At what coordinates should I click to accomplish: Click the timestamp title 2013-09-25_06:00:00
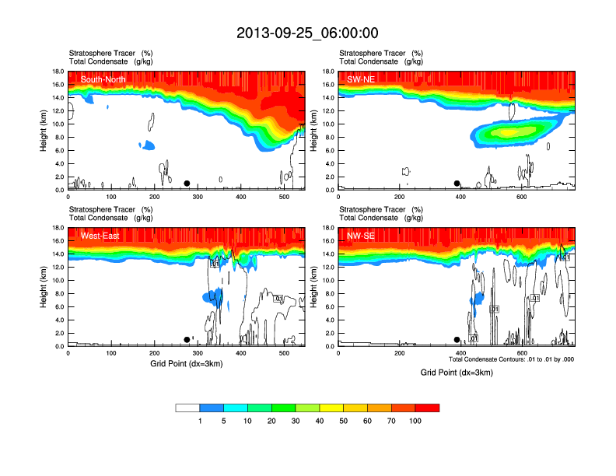pyautogui.click(x=307, y=33)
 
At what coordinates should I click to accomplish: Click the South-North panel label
pyautogui.click(x=103, y=79)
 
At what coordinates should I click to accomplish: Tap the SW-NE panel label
pyautogui.click(x=362, y=79)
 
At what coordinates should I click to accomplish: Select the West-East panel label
pyautogui.click(x=100, y=236)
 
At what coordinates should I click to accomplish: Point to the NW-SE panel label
pyautogui.click(x=362, y=236)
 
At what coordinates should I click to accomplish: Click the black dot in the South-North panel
pyautogui.click(x=187, y=184)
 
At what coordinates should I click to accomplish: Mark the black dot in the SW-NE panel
pyautogui.click(x=457, y=184)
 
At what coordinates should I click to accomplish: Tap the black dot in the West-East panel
pyautogui.click(x=187, y=340)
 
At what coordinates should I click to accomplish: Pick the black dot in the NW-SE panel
pyautogui.click(x=457, y=340)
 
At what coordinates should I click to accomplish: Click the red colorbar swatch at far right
pyautogui.click(x=427, y=408)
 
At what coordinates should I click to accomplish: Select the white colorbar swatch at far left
pyautogui.click(x=187, y=408)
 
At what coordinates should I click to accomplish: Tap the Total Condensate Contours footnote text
pyautogui.click(x=511, y=359)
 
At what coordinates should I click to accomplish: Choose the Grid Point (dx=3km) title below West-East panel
pyautogui.click(x=186, y=363)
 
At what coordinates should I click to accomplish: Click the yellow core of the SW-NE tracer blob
pyautogui.click(x=509, y=131)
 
